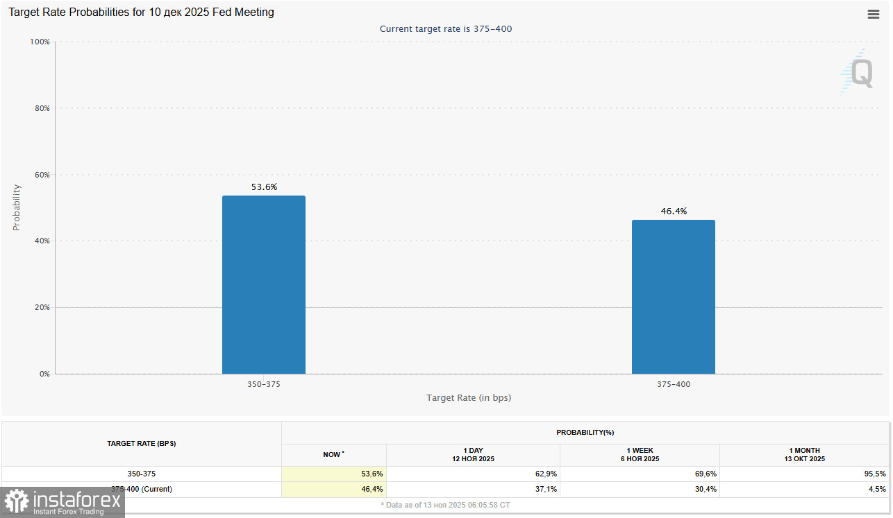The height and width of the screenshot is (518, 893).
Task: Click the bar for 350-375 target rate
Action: [x=263, y=285]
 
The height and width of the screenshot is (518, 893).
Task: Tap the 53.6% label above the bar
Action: [x=264, y=187]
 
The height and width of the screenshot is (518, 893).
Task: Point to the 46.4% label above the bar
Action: [x=673, y=211]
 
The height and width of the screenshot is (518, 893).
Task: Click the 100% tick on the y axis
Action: [x=40, y=42]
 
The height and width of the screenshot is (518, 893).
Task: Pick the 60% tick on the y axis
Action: [x=42, y=175]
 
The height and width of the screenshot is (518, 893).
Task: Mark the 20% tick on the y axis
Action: [x=42, y=307]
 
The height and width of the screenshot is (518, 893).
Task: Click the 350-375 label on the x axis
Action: [x=264, y=384]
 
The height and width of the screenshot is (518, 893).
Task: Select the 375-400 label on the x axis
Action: [x=673, y=384]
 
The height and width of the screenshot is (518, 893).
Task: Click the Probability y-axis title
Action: [x=17, y=207]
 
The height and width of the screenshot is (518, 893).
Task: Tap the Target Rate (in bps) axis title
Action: [x=469, y=398]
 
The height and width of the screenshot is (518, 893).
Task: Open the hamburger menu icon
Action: [x=874, y=15]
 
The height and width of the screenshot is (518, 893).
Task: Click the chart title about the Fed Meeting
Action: [x=141, y=12]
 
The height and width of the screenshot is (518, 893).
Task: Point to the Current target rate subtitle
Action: [x=446, y=29]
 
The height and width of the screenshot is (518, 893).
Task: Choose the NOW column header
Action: [x=333, y=455]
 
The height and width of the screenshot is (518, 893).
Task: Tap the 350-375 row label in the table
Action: [x=141, y=474]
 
